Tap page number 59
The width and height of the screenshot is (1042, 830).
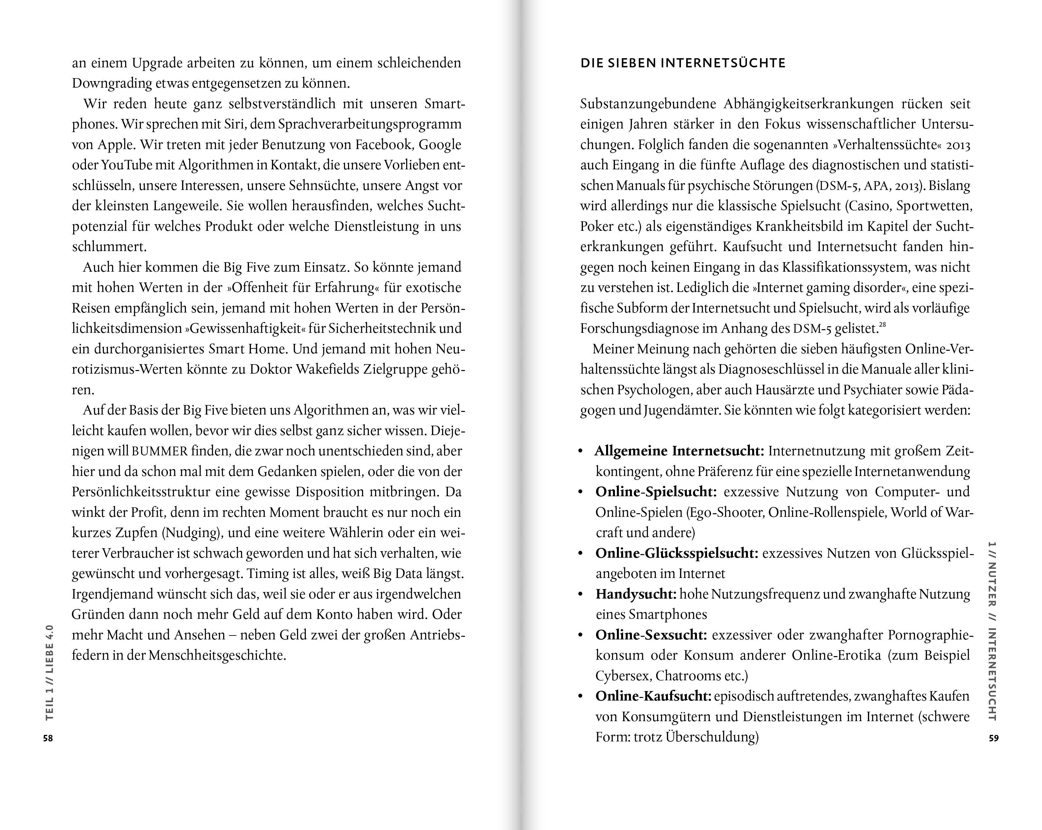pos(994,738)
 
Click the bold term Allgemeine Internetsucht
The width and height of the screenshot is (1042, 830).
pos(679,451)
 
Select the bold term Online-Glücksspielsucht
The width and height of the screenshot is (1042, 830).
pos(677,553)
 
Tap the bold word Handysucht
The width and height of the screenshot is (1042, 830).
pos(636,594)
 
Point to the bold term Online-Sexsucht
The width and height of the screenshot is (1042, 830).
pos(651,635)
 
